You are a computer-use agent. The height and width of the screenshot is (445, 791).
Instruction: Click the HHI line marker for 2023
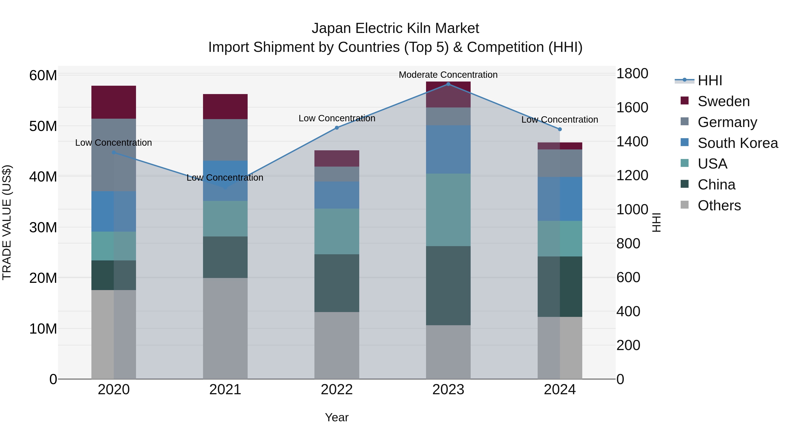click(x=448, y=84)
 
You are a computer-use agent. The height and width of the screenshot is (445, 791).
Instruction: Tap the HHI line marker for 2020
click(x=114, y=152)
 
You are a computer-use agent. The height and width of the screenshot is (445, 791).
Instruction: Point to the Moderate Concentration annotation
click(x=448, y=75)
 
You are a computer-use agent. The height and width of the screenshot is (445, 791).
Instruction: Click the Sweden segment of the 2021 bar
click(x=225, y=107)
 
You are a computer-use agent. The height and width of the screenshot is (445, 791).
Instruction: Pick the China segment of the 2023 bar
click(x=448, y=286)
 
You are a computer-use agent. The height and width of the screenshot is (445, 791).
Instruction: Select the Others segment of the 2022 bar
click(x=337, y=345)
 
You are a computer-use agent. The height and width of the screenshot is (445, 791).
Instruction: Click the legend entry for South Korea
click(x=738, y=143)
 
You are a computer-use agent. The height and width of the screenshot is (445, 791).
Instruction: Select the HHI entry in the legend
click(x=710, y=80)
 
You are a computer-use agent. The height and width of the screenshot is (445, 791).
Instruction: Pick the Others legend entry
click(x=719, y=205)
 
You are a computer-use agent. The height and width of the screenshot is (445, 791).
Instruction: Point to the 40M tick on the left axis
click(x=43, y=177)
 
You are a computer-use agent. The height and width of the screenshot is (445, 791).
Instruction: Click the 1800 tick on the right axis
click(x=632, y=74)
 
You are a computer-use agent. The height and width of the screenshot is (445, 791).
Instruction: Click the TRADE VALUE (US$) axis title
click(x=7, y=222)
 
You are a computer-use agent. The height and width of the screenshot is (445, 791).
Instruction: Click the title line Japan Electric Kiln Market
click(x=395, y=28)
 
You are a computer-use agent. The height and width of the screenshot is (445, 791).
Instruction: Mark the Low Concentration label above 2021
click(x=225, y=178)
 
